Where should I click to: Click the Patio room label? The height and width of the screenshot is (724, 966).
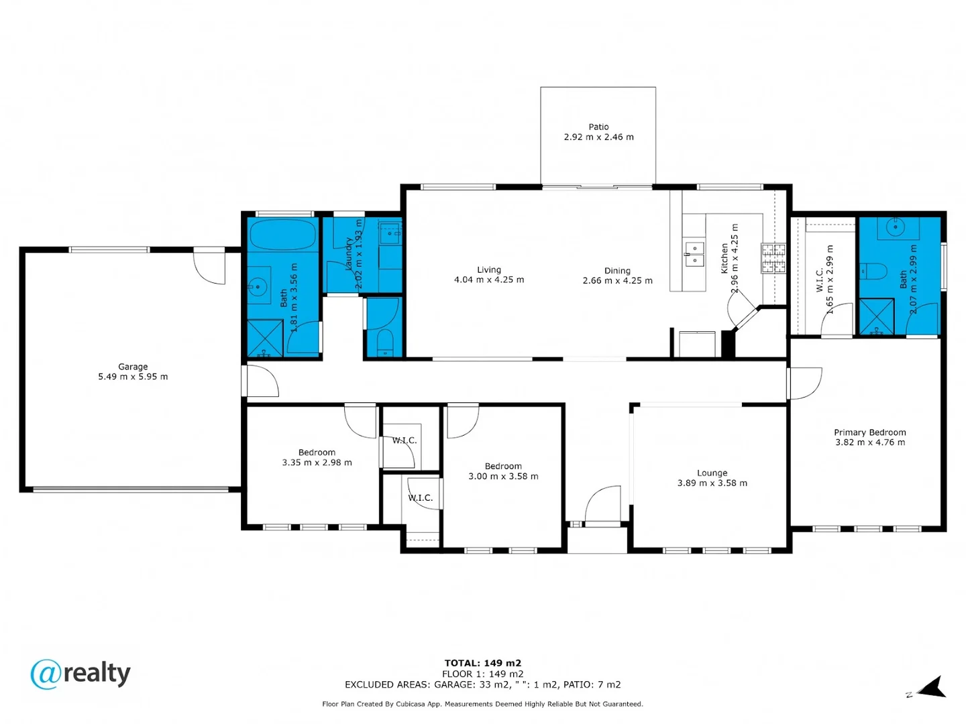[598, 127]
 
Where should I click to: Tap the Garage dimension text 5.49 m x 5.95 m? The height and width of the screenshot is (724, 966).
[133, 377]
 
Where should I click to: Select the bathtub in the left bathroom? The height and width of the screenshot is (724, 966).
[282, 235]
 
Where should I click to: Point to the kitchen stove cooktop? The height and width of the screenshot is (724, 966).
[773, 258]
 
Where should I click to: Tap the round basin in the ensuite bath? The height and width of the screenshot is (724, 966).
[896, 227]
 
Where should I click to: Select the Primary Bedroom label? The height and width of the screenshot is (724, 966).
[869, 432]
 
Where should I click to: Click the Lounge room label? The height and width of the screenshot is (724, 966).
[712, 473]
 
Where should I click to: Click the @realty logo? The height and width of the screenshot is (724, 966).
[80, 674]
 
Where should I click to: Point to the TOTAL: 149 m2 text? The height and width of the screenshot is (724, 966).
[482, 663]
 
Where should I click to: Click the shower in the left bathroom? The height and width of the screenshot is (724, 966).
[265, 338]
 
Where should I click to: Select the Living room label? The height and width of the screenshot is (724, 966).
[489, 269]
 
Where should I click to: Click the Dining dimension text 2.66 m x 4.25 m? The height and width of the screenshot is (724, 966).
[617, 281]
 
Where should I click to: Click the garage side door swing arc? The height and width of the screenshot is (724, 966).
[210, 267]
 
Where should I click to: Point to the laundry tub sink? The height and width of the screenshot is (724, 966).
[390, 233]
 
